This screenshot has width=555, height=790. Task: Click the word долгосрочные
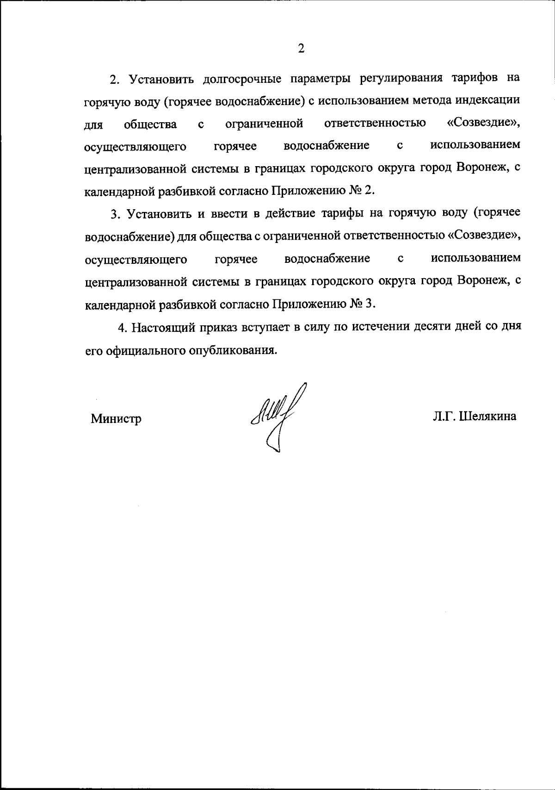(242, 78)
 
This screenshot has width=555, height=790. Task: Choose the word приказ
(217, 327)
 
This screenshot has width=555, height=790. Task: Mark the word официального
(146, 350)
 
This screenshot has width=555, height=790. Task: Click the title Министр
(116, 419)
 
